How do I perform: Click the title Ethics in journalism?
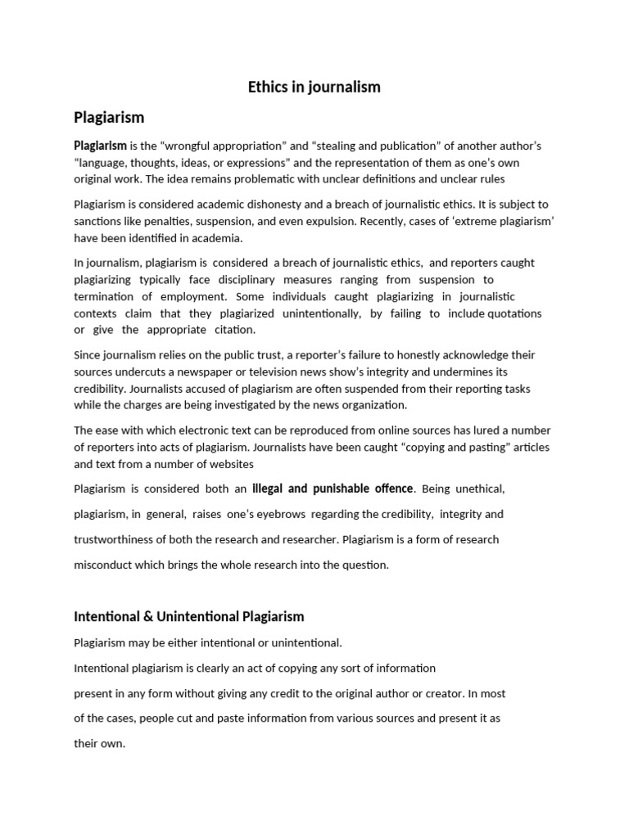[x=314, y=87]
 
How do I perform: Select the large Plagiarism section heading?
[x=109, y=117]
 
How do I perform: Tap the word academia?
[x=214, y=238]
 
